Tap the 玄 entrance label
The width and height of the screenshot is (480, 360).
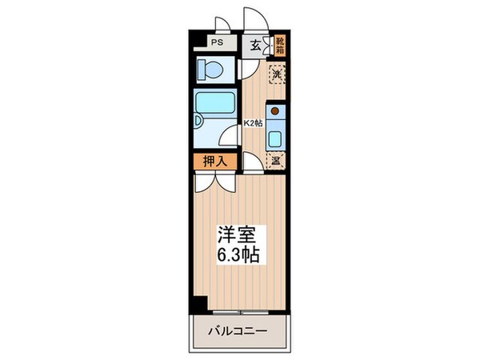tap(254, 46)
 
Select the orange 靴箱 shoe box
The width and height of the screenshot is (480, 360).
tap(280, 46)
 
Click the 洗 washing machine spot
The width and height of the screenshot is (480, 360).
tap(275, 76)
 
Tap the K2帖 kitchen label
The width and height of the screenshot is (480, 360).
tap(254, 124)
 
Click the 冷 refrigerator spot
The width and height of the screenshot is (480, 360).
tap(275, 161)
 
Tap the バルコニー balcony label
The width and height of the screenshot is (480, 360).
tap(238, 330)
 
